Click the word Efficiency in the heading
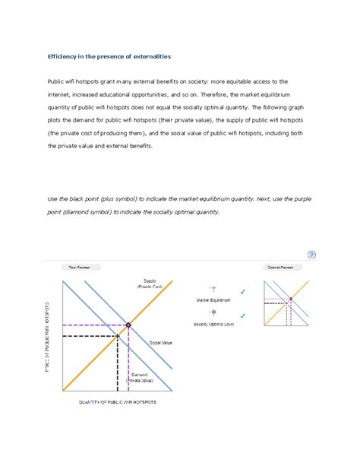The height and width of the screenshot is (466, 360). point(63,57)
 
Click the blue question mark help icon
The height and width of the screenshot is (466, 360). point(311,254)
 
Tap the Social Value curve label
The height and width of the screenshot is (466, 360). point(160,344)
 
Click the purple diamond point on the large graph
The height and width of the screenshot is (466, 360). point(128,325)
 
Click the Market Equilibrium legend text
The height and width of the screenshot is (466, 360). point(213,300)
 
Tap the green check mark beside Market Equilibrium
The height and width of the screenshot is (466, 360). point(242,292)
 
